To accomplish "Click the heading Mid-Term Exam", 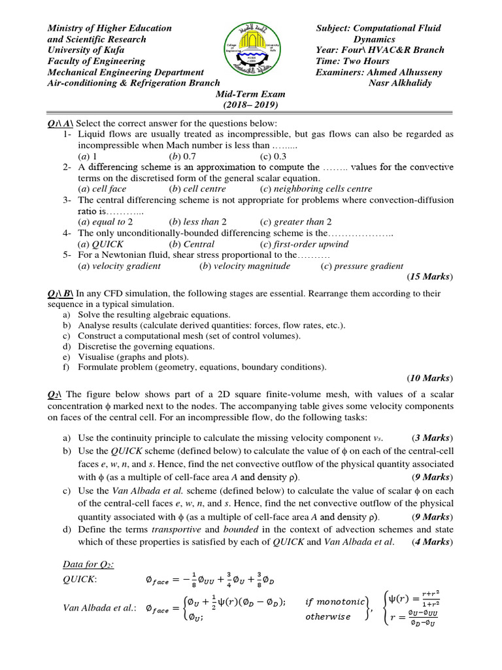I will click(x=251, y=94).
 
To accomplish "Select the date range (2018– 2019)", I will click(x=251, y=105).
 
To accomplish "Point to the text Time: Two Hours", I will click(x=352, y=61).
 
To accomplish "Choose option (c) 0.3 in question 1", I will click(x=275, y=157).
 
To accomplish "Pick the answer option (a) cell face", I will click(x=103, y=189).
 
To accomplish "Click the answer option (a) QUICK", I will click(x=101, y=244).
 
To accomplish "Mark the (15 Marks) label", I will click(x=429, y=277).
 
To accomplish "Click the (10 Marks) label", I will click(x=429, y=378).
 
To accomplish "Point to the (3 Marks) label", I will click(x=432, y=437).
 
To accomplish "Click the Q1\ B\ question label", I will click(x=61, y=294).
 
